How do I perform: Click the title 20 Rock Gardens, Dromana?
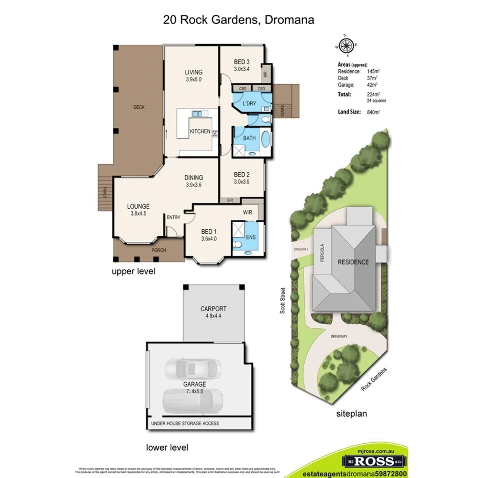point(238,20)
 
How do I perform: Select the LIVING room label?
point(194,72)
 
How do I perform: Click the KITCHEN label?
point(200,131)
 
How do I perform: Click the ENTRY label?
point(173,217)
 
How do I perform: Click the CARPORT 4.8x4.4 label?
point(213,312)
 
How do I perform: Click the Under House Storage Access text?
point(185,423)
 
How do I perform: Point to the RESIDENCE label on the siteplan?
point(353,262)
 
